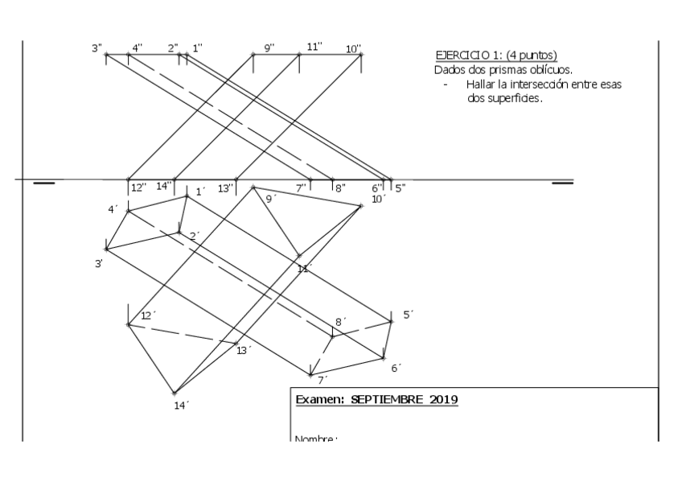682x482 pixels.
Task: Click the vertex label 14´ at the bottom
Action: coord(181,405)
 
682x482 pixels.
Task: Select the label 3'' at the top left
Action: coord(97,48)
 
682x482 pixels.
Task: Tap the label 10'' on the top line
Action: coord(353,49)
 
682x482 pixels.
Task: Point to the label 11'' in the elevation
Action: coord(314,46)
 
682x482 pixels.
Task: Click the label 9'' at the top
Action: coord(269,48)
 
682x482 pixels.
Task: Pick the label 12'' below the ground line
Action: coord(138,187)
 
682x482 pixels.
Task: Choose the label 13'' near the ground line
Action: coord(227,188)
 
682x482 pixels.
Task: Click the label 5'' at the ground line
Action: coord(400,187)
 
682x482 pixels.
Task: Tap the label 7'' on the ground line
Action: coord(302,187)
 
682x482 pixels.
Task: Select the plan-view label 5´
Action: coord(408,315)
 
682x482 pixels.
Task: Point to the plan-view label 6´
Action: coord(396,368)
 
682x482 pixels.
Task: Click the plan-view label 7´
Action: coord(322,380)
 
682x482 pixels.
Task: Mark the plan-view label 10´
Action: coord(378,198)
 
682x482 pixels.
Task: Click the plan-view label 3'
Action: coord(98,263)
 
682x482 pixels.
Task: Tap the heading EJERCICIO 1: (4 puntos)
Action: coord(496,55)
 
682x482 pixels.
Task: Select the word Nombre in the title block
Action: coord(314,439)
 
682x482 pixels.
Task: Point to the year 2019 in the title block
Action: coord(444,399)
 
